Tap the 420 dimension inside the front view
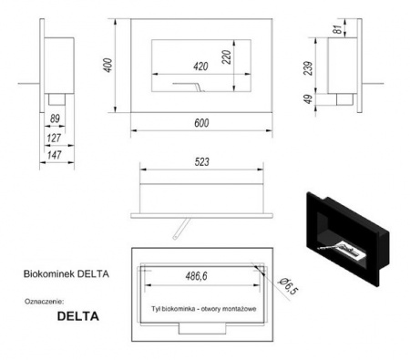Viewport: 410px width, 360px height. coord(202,66)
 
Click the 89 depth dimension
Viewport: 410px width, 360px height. coord(56,118)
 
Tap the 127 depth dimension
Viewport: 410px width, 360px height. coord(53,139)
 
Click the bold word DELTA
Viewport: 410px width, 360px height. coord(77,318)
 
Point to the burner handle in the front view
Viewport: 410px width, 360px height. coord(193,85)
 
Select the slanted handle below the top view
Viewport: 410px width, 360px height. coord(184,224)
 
